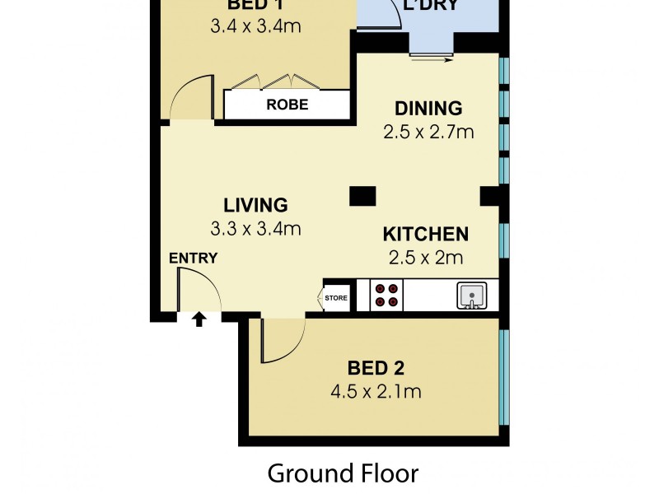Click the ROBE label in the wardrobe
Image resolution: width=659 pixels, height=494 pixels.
point(287,105)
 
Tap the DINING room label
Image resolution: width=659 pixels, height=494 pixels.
point(428,109)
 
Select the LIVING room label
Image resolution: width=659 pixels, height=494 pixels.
point(255,205)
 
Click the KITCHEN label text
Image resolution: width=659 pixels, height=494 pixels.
point(425,234)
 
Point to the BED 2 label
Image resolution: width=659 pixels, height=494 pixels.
point(376,367)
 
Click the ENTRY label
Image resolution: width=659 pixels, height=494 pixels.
point(193,258)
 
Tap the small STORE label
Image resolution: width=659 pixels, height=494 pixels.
point(336,298)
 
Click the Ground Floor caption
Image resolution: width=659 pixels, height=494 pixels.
point(343,473)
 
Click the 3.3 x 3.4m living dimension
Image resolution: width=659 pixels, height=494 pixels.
point(255,229)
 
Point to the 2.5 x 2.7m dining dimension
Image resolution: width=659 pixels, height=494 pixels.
point(428,132)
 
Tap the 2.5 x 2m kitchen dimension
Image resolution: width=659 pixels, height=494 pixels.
point(425,257)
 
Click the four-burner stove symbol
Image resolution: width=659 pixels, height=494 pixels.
point(386,296)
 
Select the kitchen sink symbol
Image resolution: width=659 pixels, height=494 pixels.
point(472,296)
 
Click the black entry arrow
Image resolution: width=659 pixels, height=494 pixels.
point(199,319)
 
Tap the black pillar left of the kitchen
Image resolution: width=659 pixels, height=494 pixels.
point(362,196)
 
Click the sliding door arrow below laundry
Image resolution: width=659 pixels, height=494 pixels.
point(433,59)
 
